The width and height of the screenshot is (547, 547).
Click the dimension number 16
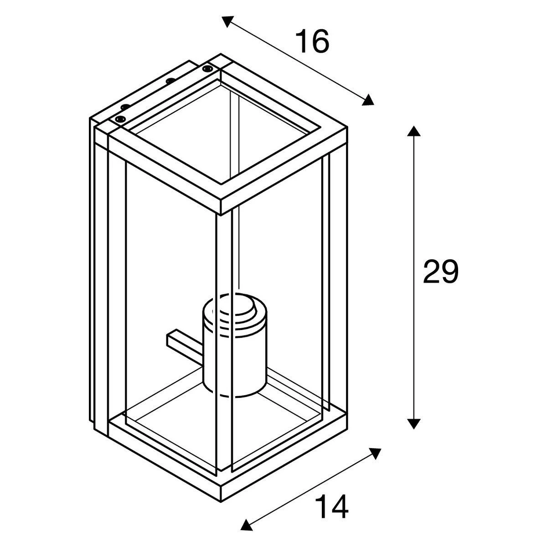point(312,42)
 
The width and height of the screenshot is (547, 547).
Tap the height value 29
point(440,272)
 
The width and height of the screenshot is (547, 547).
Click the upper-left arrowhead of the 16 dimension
point(227,21)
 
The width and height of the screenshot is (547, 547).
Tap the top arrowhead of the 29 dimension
point(413,131)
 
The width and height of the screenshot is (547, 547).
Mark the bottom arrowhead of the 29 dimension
point(413,423)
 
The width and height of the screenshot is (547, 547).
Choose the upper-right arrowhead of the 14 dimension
point(375,454)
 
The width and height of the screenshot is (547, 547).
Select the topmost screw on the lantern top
point(207,69)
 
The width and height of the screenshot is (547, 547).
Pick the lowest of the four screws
point(120,119)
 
